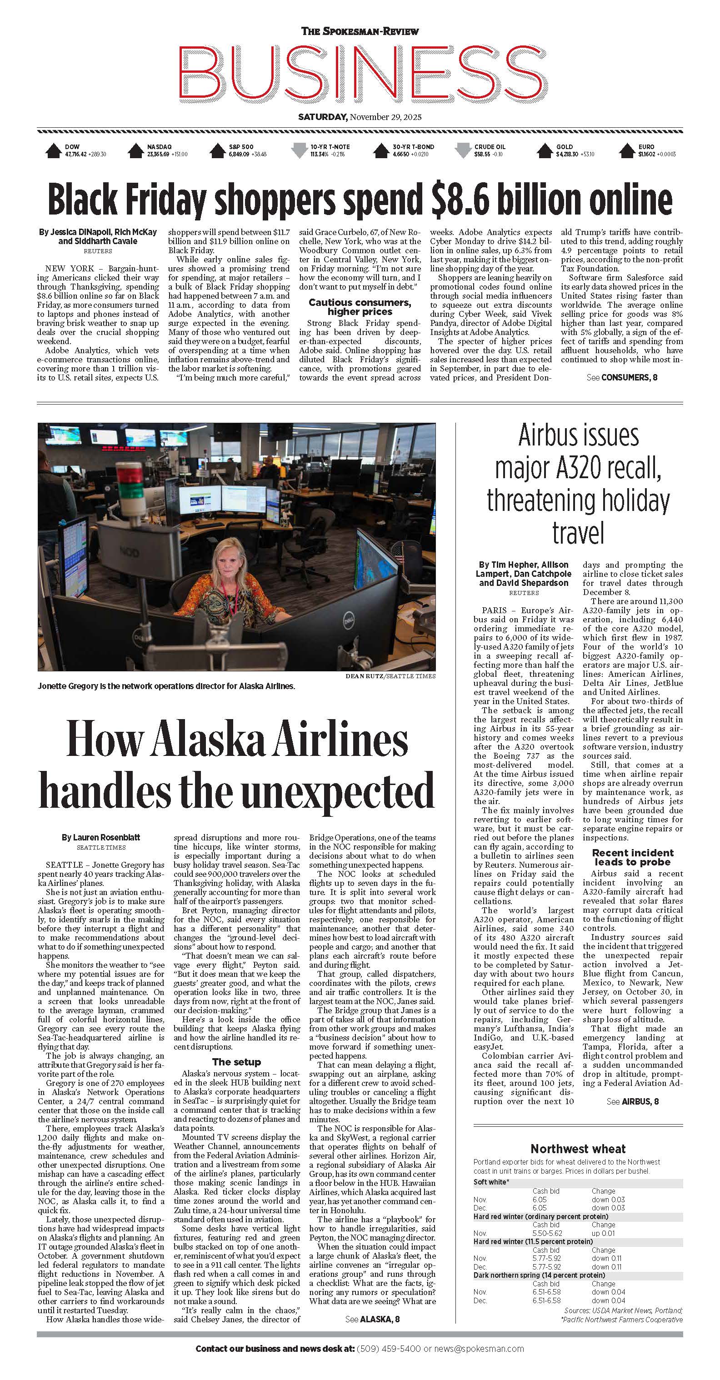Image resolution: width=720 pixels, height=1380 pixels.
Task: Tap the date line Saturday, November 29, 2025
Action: coord(360,117)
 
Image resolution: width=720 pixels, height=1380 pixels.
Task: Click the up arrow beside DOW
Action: coord(53,150)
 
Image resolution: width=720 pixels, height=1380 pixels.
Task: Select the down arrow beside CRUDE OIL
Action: coord(462,150)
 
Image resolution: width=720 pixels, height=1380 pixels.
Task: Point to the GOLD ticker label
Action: coord(564,147)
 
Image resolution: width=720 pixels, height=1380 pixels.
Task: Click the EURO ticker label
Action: coord(645,147)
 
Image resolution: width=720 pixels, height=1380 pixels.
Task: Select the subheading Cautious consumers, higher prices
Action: coord(360,307)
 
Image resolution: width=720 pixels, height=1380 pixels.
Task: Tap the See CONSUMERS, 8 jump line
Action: coord(621,378)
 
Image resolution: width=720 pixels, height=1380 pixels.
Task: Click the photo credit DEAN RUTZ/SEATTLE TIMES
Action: coord(390,676)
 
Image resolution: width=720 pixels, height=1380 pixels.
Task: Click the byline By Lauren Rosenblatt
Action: coord(101,837)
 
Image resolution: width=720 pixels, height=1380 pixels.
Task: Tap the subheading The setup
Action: coord(236,1062)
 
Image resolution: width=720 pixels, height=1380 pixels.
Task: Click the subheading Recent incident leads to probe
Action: coord(633,857)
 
